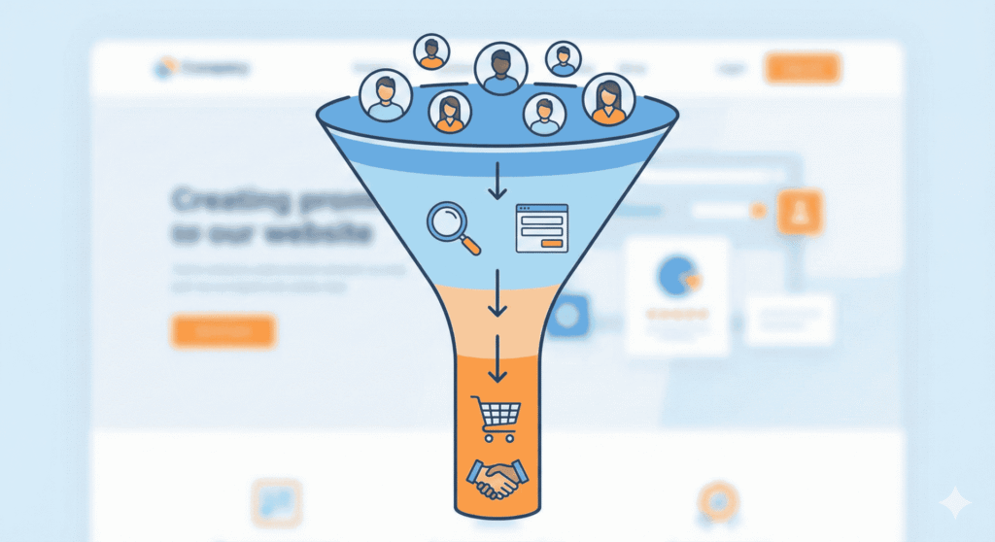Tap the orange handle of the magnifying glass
click(x=470, y=245)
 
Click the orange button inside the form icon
click(x=552, y=242)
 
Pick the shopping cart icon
click(x=495, y=419)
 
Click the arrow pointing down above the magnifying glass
click(x=497, y=181)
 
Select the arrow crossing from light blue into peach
click(x=497, y=293)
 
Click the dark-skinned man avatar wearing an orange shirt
click(x=431, y=51)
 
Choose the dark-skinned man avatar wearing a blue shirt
click(x=500, y=68)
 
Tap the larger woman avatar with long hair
click(x=608, y=99)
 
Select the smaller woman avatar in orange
click(x=449, y=112)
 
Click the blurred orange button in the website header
click(x=803, y=68)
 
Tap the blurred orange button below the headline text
click(x=223, y=330)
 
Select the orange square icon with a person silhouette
click(x=800, y=213)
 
